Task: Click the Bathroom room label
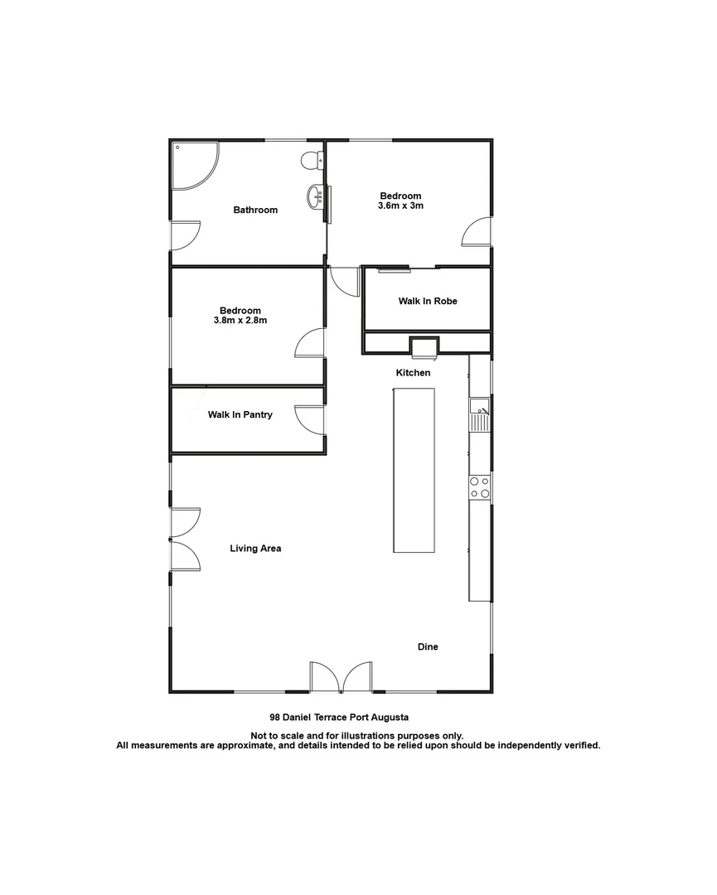point(255,210)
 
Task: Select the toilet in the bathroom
point(312,160)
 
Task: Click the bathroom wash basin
point(316,197)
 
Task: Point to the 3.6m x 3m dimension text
point(401,206)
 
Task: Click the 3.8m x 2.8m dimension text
point(240,320)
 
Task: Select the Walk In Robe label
point(428,302)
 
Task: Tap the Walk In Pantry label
point(240,414)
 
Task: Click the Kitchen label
point(413,373)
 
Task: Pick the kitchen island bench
point(413,470)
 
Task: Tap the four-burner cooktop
point(480,487)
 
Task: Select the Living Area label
point(255,549)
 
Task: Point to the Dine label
point(428,647)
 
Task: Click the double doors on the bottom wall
point(341,677)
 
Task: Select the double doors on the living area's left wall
point(185,539)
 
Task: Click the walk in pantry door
point(310,418)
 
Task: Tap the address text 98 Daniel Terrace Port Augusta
point(340,717)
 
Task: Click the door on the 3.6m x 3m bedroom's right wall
point(477,232)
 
